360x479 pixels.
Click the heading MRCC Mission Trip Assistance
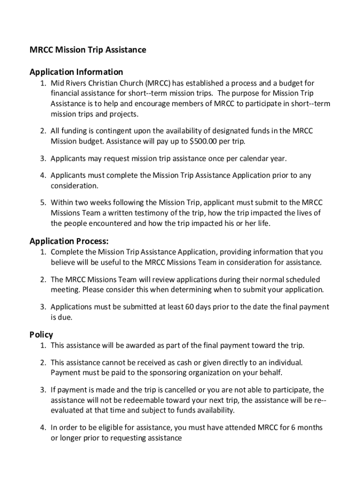tap(88, 50)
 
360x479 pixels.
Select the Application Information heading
tap(76, 72)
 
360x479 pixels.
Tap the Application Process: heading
tap(69, 241)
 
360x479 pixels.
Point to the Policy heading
tap(41, 334)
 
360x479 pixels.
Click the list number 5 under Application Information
tap(43, 203)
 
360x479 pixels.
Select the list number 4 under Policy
tap(43, 428)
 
